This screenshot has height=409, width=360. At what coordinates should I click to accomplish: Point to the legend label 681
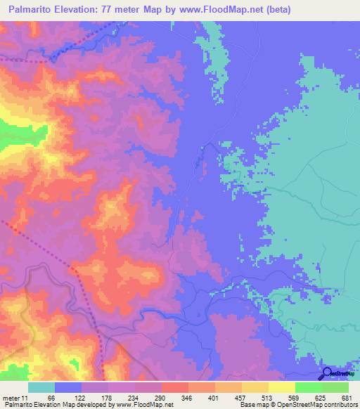(345, 398)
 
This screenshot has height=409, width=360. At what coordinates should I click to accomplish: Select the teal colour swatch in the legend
(41, 387)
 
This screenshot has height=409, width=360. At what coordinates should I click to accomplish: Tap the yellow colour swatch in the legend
(281, 387)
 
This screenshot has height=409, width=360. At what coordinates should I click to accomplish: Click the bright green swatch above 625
(308, 387)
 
